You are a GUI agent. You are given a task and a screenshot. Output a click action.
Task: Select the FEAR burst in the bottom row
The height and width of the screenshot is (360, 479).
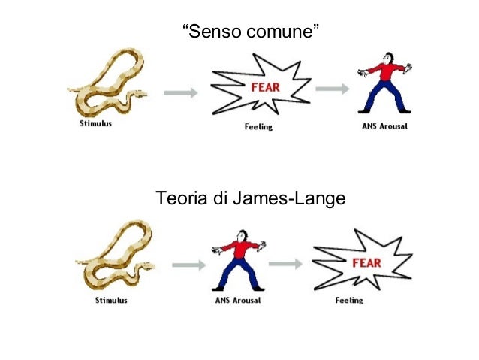pyautogui.click(x=362, y=261)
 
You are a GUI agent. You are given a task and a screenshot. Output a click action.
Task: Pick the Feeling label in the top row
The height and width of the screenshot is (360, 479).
pyautogui.click(x=259, y=127)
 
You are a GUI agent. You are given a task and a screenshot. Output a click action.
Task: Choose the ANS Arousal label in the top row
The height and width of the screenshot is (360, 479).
pyautogui.click(x=384, y=126)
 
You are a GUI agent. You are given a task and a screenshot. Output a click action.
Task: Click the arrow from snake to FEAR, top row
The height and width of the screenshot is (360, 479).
pyautogui.click(x=181, y=92)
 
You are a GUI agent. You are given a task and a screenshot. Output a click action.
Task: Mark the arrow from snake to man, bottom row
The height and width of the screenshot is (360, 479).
pyautogui.click(x=188, y=265)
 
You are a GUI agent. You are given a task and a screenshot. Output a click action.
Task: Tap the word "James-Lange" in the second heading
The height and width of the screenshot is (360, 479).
pyautogui.click(x=288, y=199)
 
